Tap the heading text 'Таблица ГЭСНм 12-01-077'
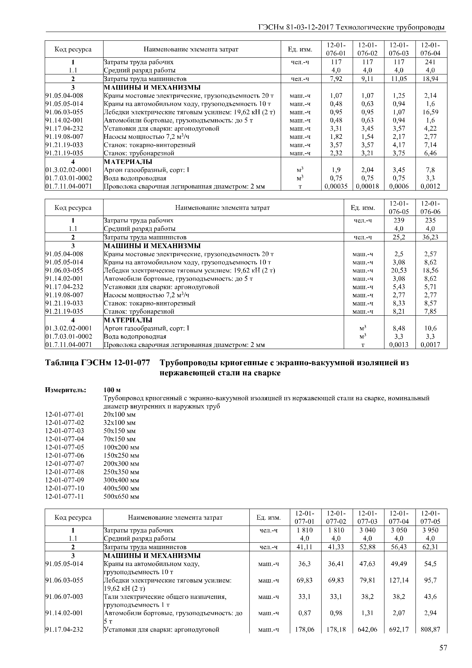[x=98, y=363]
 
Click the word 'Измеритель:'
[x=66, y=390]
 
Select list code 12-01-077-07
[x=65, y=464]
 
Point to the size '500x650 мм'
[x=121, y=497]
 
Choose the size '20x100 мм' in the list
[x=120, y=415]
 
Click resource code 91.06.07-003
[x=64, y=597]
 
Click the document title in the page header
[x=351, y=27]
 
